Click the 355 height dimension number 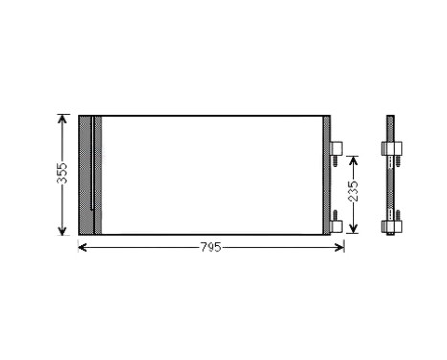(62, 173)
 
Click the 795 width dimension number (211, 247)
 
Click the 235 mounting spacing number (352, 191)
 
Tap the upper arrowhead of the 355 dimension (62, 119)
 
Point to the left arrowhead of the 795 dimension (81, 247)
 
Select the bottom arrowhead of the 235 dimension (352, 229)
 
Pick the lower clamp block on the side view (392, 226)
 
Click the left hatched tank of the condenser (86, 173)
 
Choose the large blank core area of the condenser (211, 173)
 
